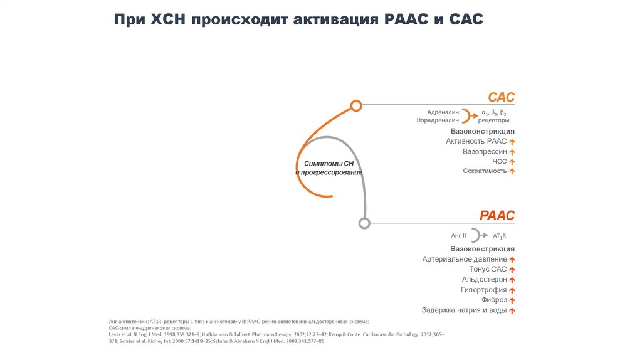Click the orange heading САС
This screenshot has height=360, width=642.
tap(501, 97)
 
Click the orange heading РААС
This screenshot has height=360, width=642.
tap(497, 216)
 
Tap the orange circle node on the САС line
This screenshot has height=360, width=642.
tap(356, 105)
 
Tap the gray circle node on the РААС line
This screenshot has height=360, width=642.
tap(364, 223)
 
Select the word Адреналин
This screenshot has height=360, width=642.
tap(443, 112)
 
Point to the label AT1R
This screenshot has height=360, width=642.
tap(500, 236)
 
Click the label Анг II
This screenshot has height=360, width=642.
tap(458, 236)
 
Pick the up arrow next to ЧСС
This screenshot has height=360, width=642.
tap(512, 162)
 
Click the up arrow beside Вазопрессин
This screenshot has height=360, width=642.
tap(512, 152)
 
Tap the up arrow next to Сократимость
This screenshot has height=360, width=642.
tap(512, 171)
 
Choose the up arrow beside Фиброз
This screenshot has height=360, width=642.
tap(512, 300)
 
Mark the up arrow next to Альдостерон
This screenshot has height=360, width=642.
tap(512, 280)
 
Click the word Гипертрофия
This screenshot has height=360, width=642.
tap(483, 290)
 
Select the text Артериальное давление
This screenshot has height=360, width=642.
tap(465, 259)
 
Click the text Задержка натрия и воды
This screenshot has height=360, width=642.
tap(464, 310)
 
